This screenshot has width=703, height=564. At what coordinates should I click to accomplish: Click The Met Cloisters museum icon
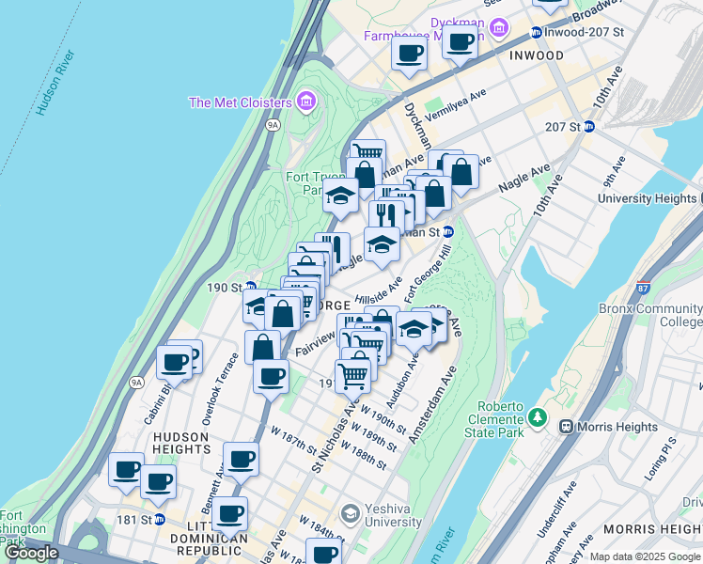pos(305,102)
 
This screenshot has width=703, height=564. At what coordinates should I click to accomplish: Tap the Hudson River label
pos(55,83)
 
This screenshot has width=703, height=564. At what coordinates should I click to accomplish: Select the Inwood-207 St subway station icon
pos(536,33)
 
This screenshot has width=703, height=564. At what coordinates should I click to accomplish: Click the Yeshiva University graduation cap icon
pos(350,513)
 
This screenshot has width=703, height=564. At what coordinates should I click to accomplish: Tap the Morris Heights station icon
pos(567,427)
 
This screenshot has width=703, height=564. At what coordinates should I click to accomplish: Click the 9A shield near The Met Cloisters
pos(273,123)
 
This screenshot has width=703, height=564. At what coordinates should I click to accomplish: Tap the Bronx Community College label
pos(649,314)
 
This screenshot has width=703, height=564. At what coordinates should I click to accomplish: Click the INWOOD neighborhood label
pos(536,55)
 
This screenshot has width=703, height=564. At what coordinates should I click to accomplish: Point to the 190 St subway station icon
pos(251,287)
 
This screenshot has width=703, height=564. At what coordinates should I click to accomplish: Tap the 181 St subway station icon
pos(159,519)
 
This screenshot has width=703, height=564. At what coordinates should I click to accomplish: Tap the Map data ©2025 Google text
pos(645,556)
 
